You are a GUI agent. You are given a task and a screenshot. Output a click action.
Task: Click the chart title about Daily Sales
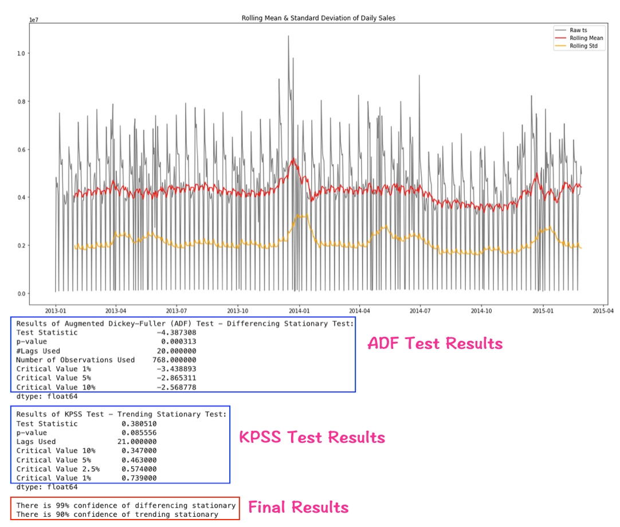click(318, 18)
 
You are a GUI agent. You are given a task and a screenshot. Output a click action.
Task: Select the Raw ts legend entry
click(579, 30)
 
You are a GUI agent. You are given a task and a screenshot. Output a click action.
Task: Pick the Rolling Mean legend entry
click(586, 38)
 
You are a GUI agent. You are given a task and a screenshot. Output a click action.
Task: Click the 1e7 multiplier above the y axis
click(34, 20)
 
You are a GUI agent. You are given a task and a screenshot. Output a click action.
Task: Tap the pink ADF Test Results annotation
click(435, 343)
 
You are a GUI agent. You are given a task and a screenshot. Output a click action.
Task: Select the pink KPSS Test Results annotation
click(312, 437)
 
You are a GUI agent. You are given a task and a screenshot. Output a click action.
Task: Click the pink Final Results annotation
click(298, 507)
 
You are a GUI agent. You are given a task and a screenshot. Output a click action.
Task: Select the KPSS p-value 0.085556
click(139, 432)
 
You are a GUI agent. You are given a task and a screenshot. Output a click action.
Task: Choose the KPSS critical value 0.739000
click(139, 478)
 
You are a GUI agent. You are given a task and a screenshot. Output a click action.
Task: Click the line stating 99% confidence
click(125, 505)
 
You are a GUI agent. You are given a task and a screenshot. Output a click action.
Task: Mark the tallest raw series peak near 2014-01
click(288, 37)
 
